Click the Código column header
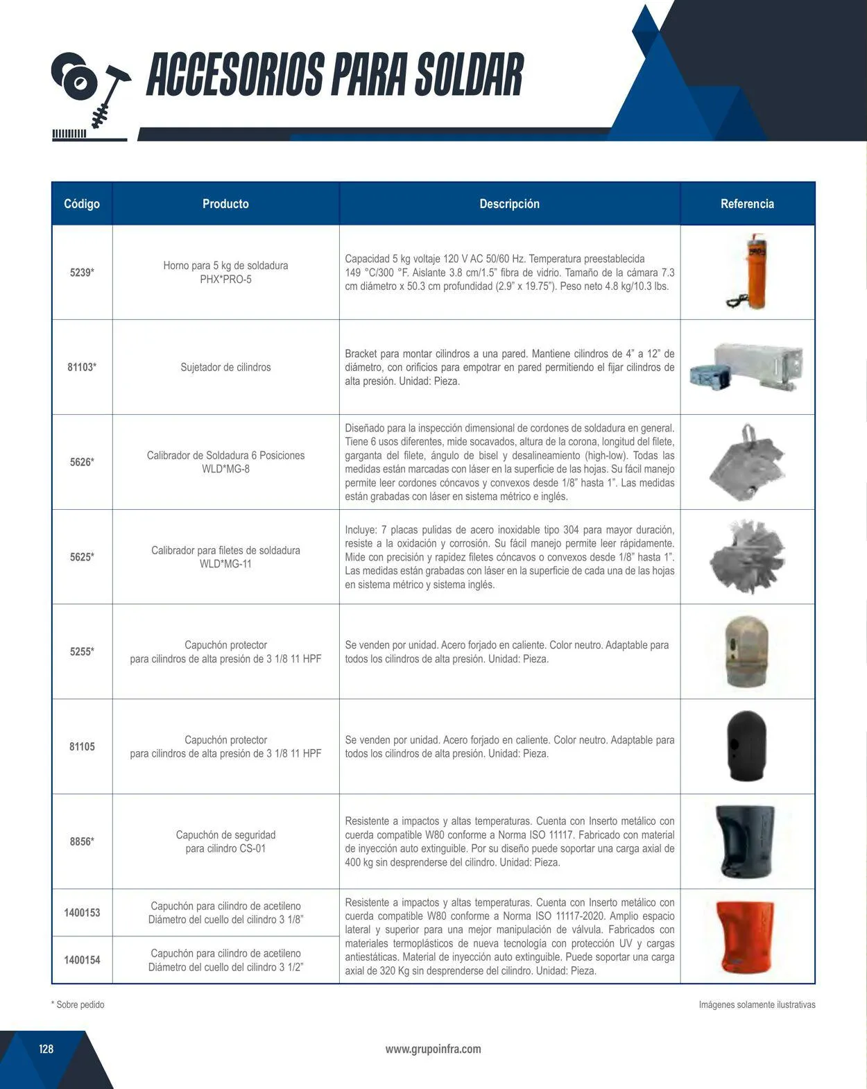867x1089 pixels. pos(82,204)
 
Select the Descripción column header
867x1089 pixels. pos(509,204)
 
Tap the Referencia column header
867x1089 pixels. pos(747,204)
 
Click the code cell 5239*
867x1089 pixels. pos(82,273)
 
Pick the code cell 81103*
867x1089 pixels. pos(82,367)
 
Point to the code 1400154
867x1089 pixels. pos(82,960)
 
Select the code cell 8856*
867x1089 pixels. pos(82,841)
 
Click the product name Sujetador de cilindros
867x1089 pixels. pos(225,367)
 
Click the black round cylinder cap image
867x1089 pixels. pos(746,746)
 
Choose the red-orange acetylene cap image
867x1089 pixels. pos(746,936)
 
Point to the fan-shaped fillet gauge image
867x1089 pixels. pos(747,556)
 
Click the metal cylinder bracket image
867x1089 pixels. pos(747,366)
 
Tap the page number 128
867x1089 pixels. pos(46,1049)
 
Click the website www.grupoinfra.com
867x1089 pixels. pos(433,1049)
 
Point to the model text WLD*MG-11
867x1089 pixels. pos(225,564)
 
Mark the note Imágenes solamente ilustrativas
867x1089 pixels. pos(757,1004)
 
